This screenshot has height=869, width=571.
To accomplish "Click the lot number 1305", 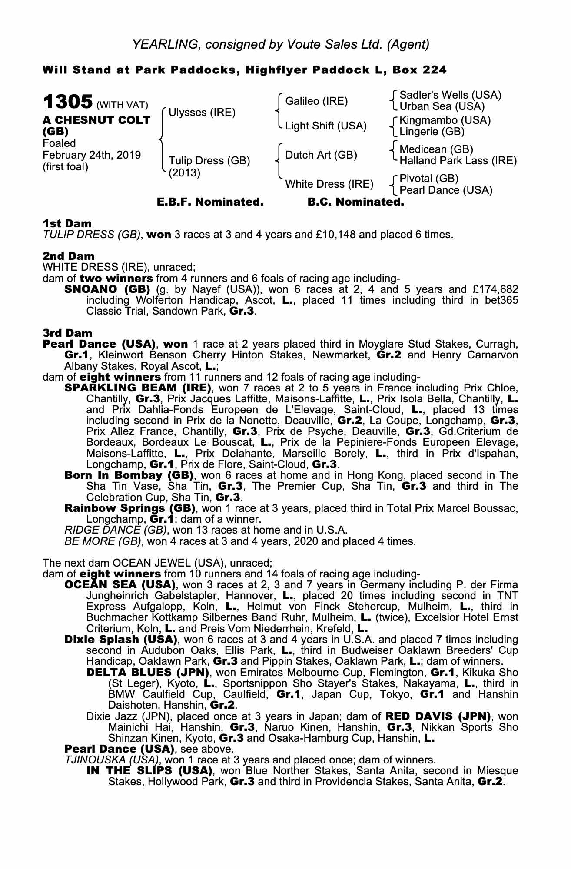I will coord(67,102).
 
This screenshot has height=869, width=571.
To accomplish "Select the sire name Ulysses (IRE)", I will coord(202,113).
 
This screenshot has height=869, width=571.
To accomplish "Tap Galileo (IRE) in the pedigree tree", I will coord(316,101).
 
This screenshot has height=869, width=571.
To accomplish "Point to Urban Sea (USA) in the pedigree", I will coord(442,106).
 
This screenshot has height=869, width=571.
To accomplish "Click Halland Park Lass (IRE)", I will coord(458,161).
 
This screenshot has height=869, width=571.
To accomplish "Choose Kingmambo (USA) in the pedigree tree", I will coord(445,120).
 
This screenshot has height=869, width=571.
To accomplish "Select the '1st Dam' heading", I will coord(67,224).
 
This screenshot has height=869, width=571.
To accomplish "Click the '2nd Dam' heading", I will coord(68,256).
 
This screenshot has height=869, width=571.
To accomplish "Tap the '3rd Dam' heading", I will coord(67,333).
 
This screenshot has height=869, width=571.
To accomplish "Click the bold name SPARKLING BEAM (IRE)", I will coord(137,388).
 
